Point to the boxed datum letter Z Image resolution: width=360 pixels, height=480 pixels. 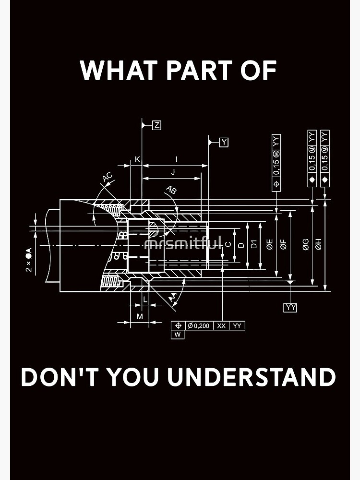(156, 125)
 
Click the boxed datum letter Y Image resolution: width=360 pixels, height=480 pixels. (224, 142)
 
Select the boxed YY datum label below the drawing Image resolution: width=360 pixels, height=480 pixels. (290, 308)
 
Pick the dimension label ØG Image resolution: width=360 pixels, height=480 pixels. (305, 245)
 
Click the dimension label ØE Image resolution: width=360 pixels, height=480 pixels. (270, 244)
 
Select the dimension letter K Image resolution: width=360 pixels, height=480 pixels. (137, 159)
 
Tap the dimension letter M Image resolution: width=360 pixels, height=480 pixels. (140, 316)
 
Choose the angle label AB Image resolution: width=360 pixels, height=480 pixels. (170, 190)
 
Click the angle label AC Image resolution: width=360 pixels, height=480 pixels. (108, 177)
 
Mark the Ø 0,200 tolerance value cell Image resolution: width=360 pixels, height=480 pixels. (199, 325)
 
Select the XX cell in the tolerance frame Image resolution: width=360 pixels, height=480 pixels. (221, 325)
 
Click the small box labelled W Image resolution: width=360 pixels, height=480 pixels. (178, 335)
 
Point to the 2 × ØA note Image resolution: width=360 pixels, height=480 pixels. (28, 260)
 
